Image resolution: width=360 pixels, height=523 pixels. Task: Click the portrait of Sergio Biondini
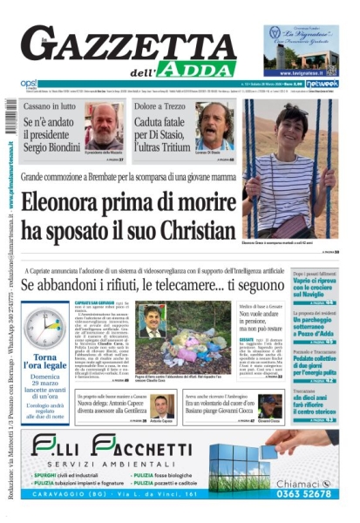(104, 126)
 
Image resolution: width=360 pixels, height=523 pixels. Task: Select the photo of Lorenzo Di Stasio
(214, 126)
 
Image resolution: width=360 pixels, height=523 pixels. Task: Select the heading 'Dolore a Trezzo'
(163, 105)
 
